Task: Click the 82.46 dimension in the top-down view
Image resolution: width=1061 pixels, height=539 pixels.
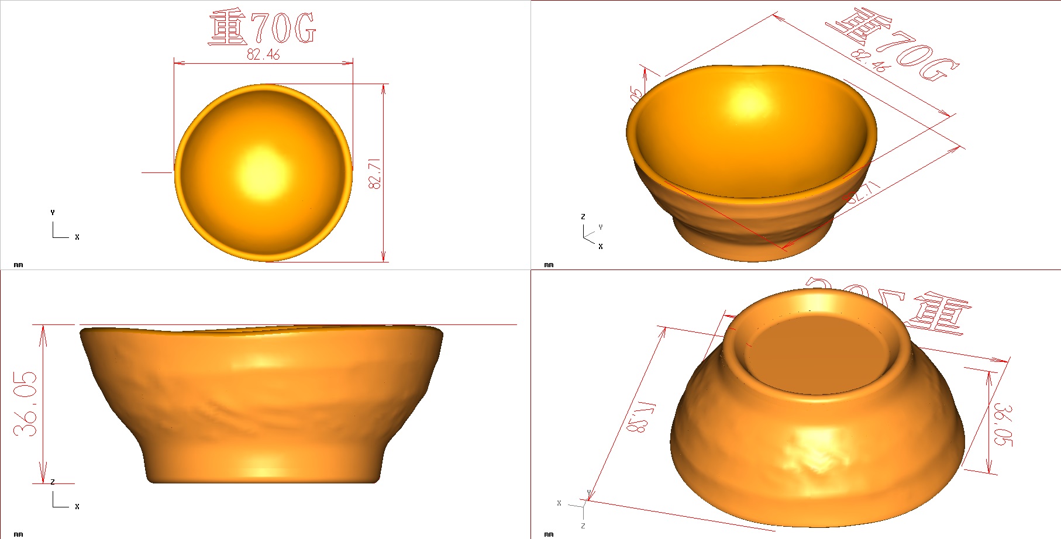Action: pyautogui.click(x=263, y=54)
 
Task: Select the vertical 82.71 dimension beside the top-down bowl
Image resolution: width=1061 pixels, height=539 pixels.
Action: pyautogui.click(x=374, y=173)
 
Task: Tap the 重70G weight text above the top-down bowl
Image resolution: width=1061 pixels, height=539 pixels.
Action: pyautogui.click(x=262, y=28)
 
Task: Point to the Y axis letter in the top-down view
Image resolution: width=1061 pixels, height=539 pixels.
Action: pyautogui.click(x=53, y=213)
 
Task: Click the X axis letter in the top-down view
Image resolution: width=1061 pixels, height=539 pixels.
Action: pyautogui.click(x=77, y=237)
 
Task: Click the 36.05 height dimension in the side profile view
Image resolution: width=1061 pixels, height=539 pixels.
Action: pyautogui.click(x=26, y=403)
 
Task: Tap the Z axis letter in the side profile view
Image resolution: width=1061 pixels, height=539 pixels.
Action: pyautogui.click(x=53, y=482)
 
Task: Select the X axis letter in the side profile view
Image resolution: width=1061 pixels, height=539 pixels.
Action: pyautogui.click(x=77, y=507)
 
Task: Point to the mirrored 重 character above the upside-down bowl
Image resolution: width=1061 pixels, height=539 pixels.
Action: pyautogui.click(x=939, y=316)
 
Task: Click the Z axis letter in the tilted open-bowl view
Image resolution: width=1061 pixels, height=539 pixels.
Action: pyautogui.click(x=583, y=217)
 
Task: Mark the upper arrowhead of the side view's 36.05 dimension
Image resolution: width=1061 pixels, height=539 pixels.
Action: pyautogui.click(x=43, y=330)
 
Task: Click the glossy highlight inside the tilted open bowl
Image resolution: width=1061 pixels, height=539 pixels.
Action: pyautogui.click(x=749, y=99)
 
